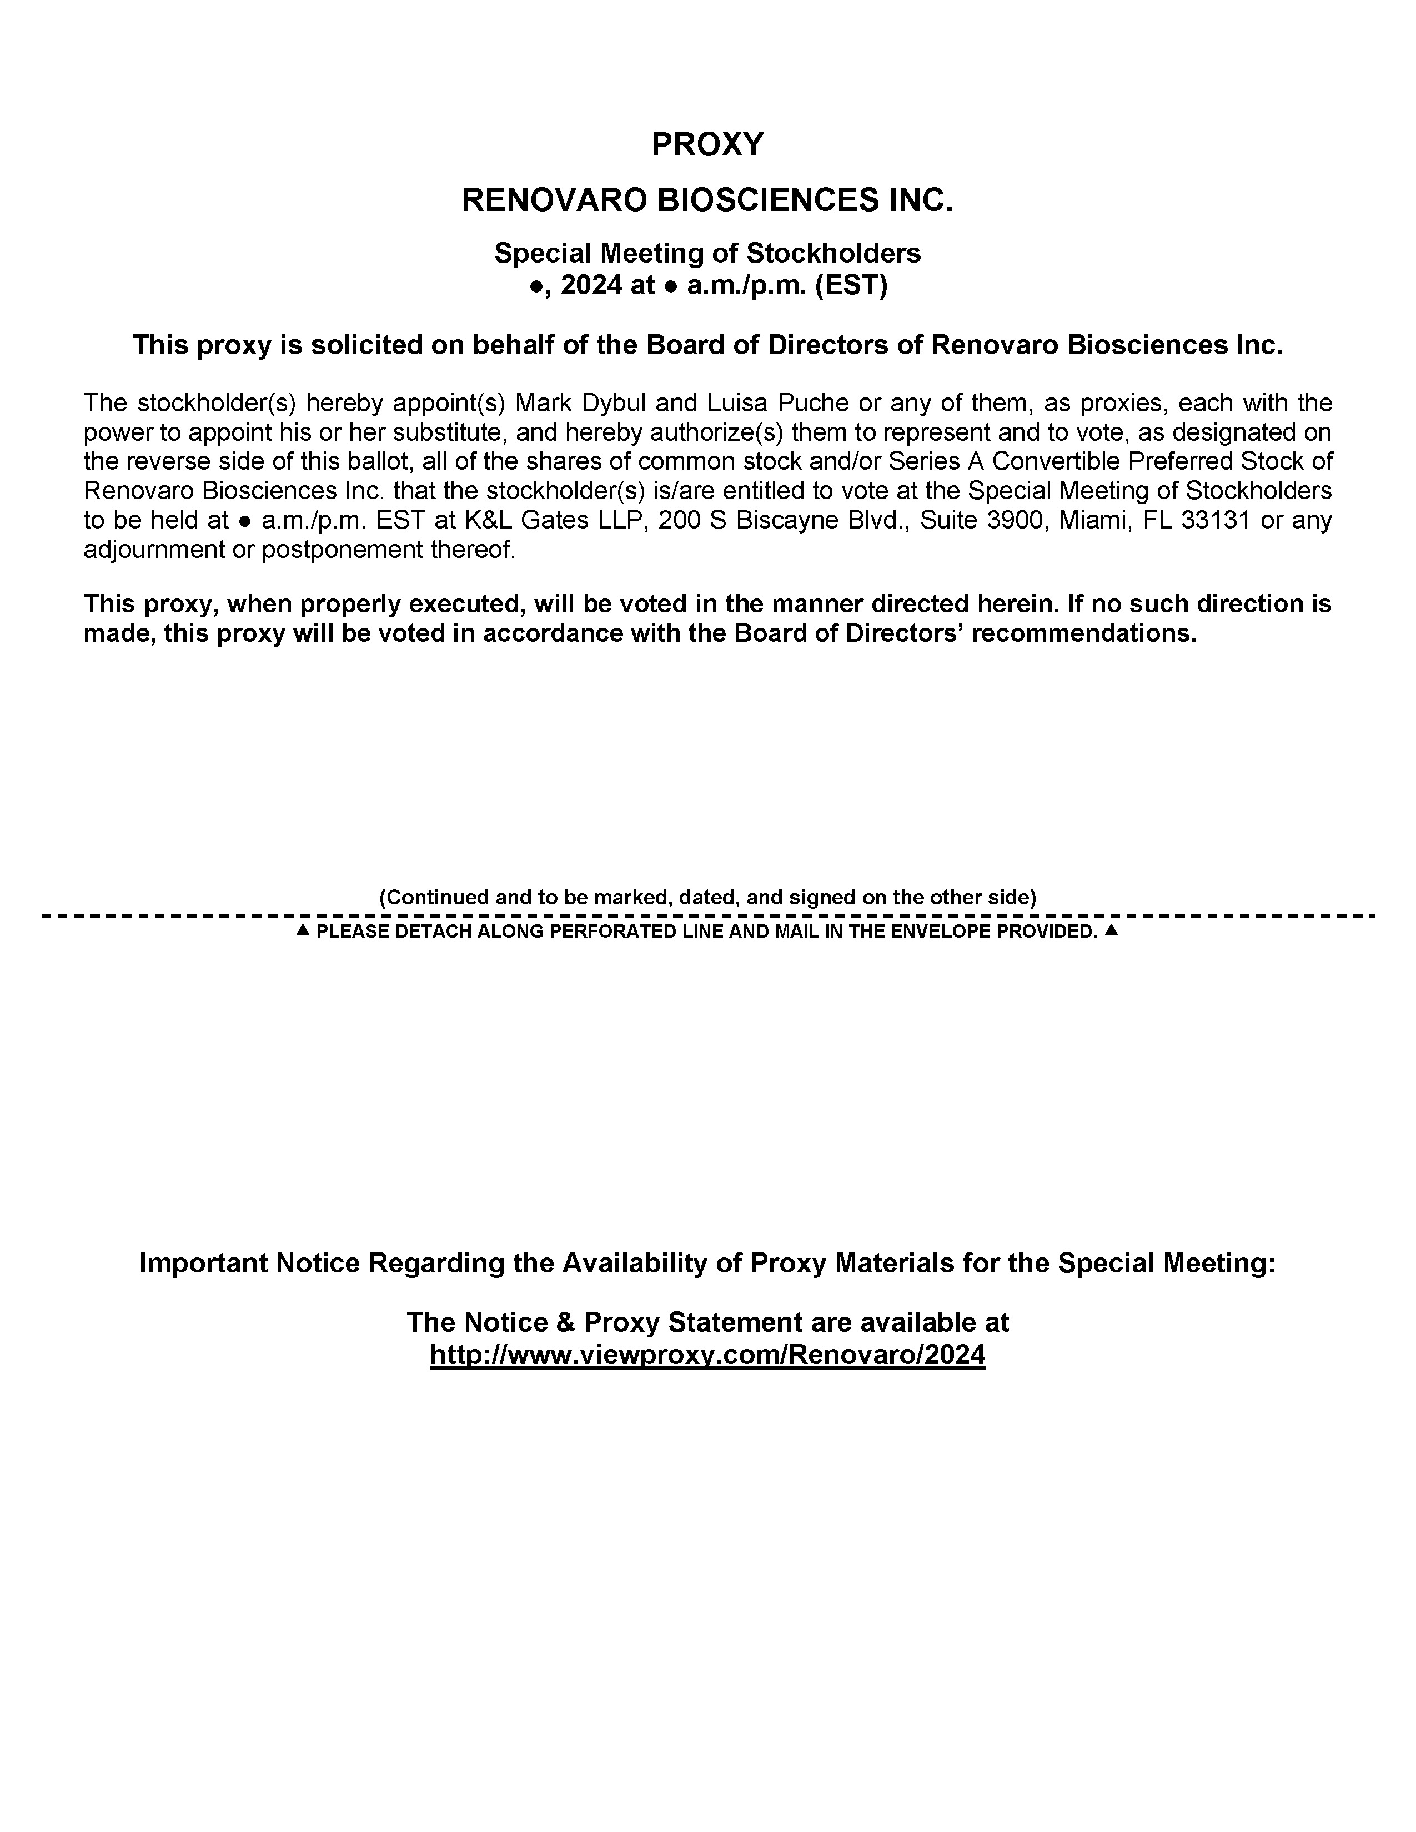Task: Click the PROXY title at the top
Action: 707,145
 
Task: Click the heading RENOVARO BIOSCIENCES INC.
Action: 707,200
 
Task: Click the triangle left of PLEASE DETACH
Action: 304,930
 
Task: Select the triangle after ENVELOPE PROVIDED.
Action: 1112,930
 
